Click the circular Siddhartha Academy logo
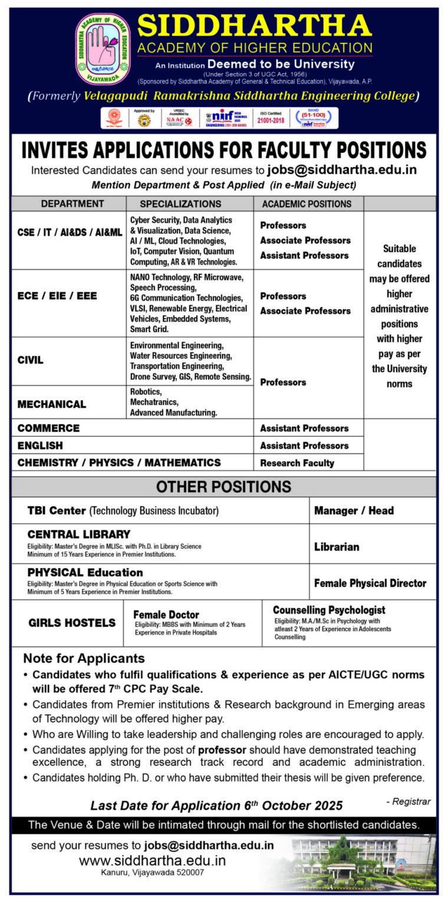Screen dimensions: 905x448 103,49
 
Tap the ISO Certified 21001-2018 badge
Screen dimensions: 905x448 271,118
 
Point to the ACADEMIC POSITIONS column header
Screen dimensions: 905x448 306,204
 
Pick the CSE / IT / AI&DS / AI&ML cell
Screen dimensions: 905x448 70,232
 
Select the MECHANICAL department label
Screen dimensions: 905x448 52,404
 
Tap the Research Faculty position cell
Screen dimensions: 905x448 297,463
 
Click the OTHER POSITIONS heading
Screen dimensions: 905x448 223,487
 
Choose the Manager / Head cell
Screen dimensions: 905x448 354,511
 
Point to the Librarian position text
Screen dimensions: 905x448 337,547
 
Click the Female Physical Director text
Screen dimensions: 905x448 370,583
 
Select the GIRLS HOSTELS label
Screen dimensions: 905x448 72,623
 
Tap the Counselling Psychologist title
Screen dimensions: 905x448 329,610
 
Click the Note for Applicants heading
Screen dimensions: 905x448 84,659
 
